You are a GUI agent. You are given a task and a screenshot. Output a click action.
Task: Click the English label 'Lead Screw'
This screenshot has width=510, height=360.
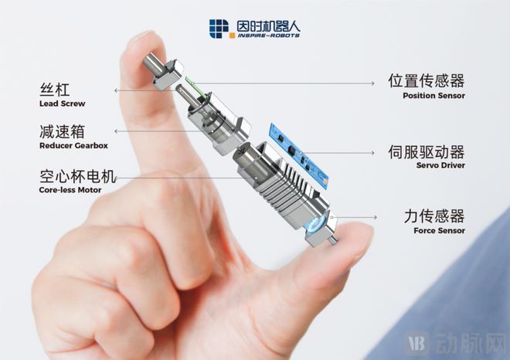(x=61, y=104)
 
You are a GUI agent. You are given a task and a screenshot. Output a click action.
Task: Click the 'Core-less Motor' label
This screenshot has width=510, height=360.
(x=70, y=189)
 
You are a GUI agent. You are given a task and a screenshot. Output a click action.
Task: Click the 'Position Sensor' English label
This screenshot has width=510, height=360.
(x=433, y=96)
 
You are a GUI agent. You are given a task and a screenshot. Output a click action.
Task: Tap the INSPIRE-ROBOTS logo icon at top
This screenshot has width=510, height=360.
(x=219, y=28)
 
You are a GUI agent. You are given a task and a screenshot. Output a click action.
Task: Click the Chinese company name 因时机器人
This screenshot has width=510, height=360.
(x=267, y=25)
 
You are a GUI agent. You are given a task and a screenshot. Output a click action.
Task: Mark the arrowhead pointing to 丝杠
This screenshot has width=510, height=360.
(x=116, y=90)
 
